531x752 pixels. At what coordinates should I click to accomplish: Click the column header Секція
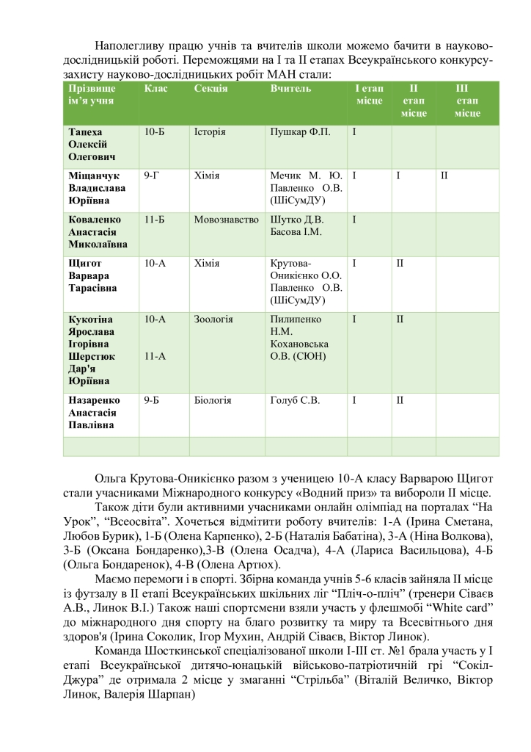point(211,89)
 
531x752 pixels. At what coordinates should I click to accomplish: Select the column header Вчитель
point(291,89)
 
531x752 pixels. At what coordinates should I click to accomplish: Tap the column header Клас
point(156,89)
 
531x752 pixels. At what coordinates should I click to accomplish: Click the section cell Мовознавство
point(227,219)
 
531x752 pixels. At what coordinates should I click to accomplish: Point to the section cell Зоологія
point(213,319)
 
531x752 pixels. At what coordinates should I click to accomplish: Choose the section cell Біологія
point(213,400)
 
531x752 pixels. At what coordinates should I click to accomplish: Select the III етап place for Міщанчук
point(444,176)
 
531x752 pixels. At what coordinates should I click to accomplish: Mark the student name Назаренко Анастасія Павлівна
point(94,413)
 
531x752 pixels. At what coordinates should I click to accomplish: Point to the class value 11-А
point(155,356)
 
